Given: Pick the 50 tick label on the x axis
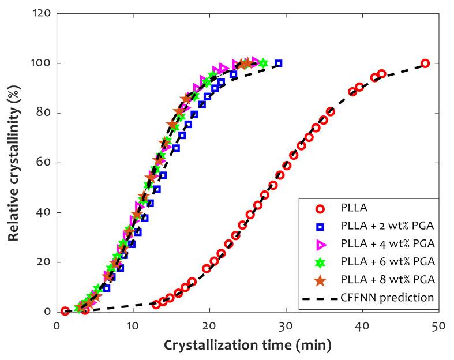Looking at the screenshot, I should coord(438,326).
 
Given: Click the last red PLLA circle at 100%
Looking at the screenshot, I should coord(425,63).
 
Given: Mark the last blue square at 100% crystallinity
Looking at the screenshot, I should coord(279,63).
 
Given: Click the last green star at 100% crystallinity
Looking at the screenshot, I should coord(263,63).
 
